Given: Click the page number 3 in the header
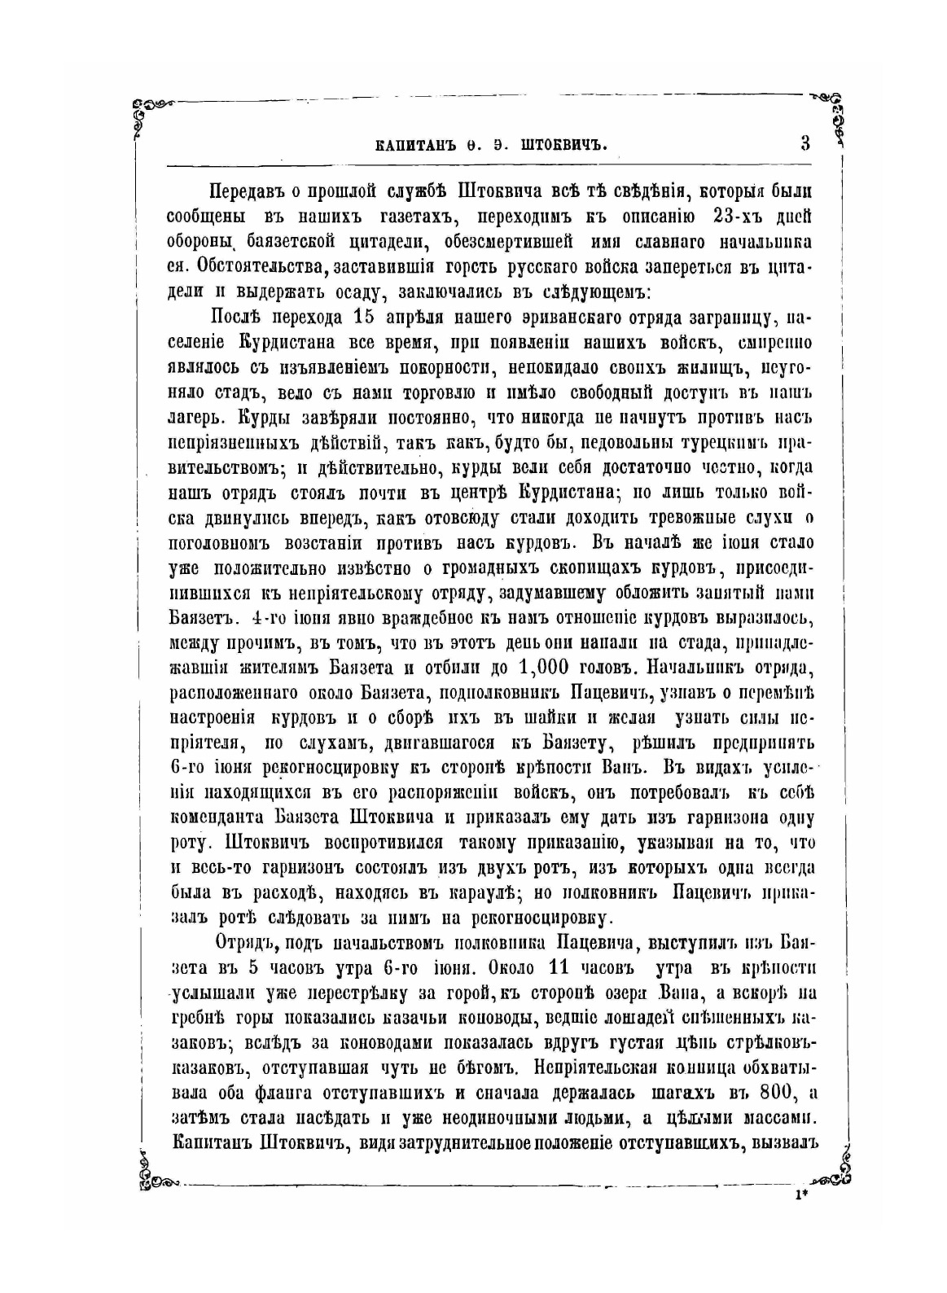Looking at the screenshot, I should coord(805,143).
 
